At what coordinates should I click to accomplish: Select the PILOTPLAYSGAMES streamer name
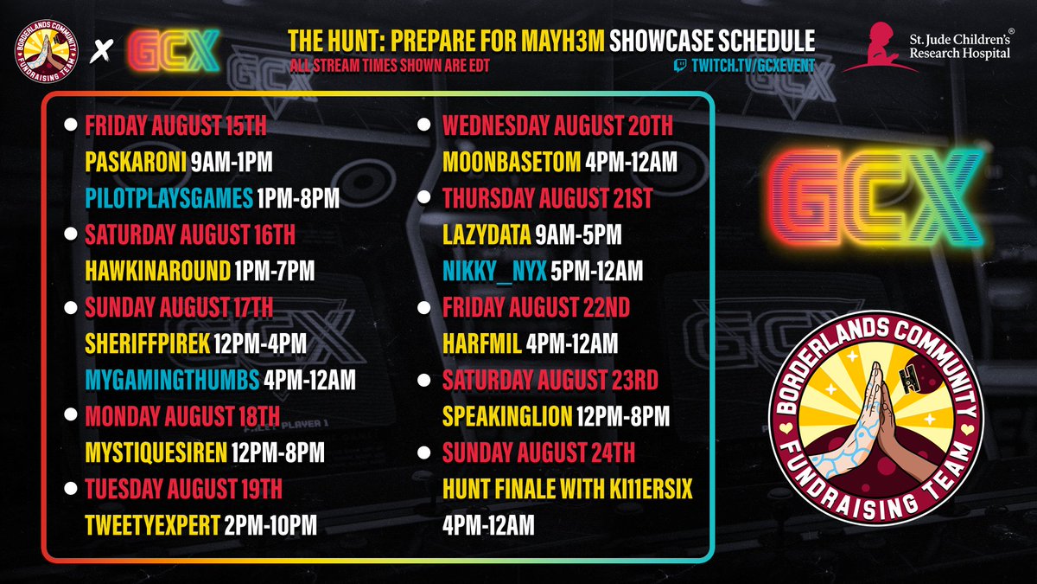click(x=169, y=199)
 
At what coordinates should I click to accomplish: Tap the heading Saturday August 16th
click(x=190, y=234)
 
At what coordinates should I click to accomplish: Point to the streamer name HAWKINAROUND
click(x=157, y=271)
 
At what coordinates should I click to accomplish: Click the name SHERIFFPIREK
click(x=148, y=343)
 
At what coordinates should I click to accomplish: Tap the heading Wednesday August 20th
click(x=557, y=125)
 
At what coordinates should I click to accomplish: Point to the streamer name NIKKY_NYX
click(x=494, y=271)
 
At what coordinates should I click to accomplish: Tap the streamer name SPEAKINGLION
click(x=507, y=416)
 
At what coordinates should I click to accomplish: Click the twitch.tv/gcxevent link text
click(x=752, y=67)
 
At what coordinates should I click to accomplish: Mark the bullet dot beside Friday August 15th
click(x=69, y=125)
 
